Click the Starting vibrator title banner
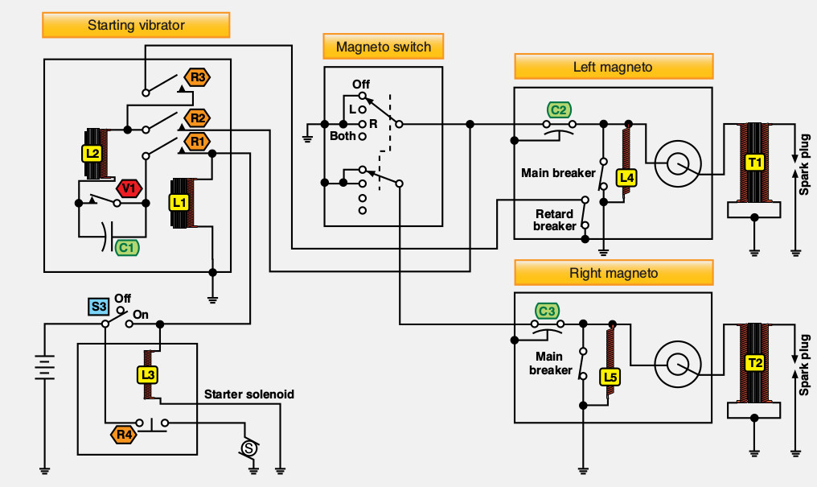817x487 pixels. tap(136, 25)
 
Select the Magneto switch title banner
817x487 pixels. tap(384, 47)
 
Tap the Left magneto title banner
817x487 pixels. tap(614, 67)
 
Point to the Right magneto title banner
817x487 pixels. tap(614, 273)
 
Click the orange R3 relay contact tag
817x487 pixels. tap(198, 78)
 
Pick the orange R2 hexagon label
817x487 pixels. tap(198, 118)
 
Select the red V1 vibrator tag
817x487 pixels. tap(129, 188)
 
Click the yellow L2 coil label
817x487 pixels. tap(92, 153)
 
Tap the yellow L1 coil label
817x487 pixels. tap(179, 202)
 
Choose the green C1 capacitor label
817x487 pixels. tap(126, 248)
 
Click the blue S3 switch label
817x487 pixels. tap(98, 306)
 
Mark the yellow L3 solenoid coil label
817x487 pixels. tap(148, 375)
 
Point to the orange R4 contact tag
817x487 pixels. tap(124, 435)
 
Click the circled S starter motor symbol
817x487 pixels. tap(249, 448)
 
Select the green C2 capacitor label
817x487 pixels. tap(559, 110)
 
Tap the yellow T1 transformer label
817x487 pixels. tap(754, 163)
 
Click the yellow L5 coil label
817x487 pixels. tap(610, 377)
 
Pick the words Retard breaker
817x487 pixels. tap(554, 220)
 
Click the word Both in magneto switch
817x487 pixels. tap(343, 136)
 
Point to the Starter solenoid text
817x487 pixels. tap(249, 394)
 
